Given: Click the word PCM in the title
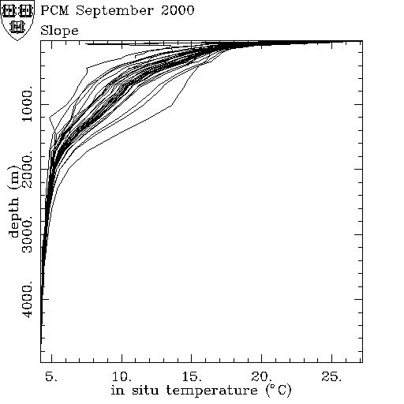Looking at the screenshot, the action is (x=54, y=10).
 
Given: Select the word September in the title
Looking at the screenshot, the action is (x=115, y=11).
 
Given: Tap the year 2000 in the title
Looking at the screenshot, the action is (x=178, y=10).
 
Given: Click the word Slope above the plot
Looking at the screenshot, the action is (x=59, y=31).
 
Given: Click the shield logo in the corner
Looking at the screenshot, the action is (x=17, y=21).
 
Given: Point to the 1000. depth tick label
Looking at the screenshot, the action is (x=27, y=103).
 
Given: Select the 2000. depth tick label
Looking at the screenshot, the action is (x=27, y=170).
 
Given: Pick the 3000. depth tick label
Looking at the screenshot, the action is (x=27, y=234).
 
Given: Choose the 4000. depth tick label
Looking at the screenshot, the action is (x=27, y=299).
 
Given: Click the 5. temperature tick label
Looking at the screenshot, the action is (x=51, y=376).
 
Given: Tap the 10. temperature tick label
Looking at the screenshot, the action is (x=122, y=376).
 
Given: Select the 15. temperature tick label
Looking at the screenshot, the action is (x=192, y=376).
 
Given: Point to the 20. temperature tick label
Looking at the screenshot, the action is (x=262, y=376).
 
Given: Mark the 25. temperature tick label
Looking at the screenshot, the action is (x=331, y=376).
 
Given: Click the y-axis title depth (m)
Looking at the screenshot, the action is (x=13, y=202).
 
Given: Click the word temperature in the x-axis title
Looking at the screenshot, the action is (x=212, y=391).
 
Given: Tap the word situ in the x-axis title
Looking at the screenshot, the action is (x=145, y=390).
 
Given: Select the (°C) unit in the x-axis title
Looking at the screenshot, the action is (x=279, y=391).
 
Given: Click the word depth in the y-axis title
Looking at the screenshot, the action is (x=13, y=217).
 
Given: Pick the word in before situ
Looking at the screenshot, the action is (x=117, y=390).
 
